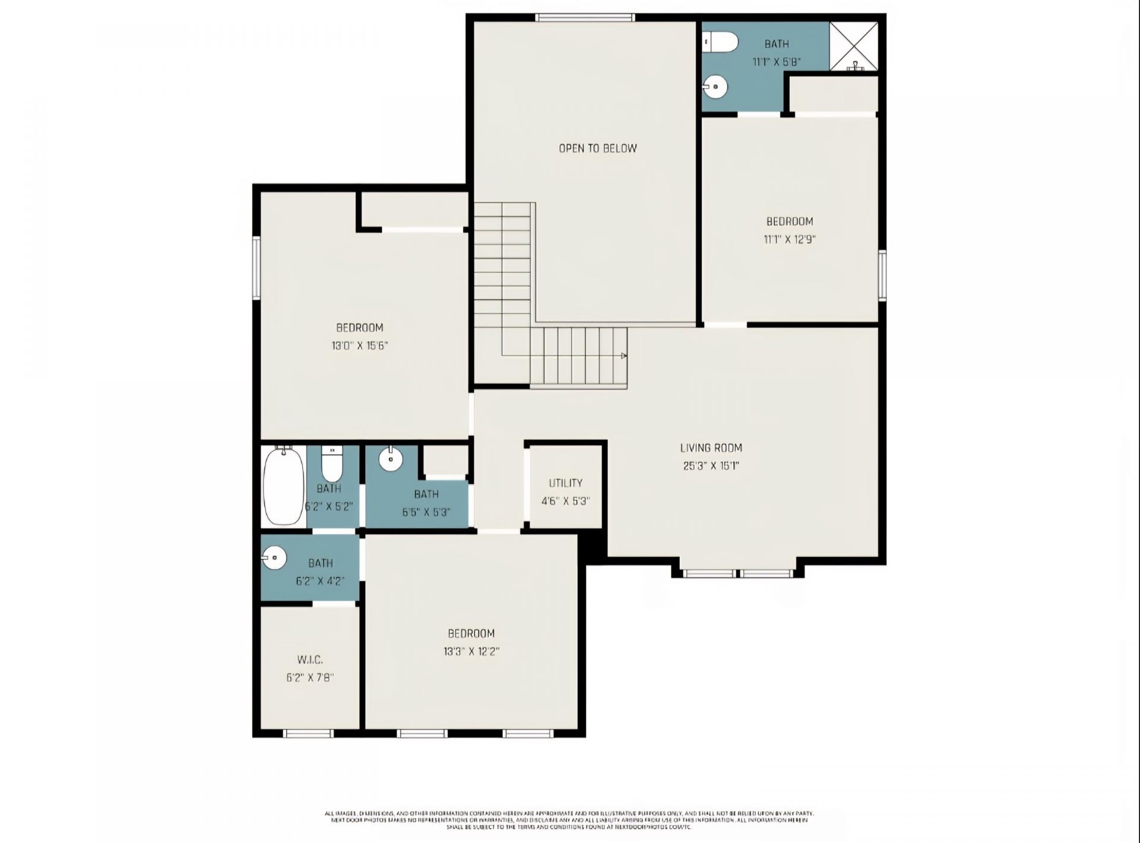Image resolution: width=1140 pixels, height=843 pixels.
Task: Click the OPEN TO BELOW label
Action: click(597, 148)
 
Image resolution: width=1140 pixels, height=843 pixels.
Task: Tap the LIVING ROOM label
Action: click(711, 448)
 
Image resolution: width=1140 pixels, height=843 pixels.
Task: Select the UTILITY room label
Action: click(565, 483)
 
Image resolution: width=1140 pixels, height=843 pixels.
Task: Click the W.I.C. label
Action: click(310, 660)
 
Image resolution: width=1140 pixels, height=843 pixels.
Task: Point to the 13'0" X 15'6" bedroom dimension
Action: click(359, 346)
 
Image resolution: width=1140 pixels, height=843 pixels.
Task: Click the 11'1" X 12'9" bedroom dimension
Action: click(788, 240)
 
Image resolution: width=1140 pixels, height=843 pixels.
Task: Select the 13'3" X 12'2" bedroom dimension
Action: click(471, 651)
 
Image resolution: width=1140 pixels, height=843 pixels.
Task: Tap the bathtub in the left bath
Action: click(283, 486)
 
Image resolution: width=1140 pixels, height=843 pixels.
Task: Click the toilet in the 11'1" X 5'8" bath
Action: click(721, 43)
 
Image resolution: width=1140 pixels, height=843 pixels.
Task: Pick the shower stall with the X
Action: click(853, 46)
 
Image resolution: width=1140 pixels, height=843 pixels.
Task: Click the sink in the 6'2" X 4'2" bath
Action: click(274, 558)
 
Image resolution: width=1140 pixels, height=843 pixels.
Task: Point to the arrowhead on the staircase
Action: click(623, 356)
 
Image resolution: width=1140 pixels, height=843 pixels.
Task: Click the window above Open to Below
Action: click(585, 18)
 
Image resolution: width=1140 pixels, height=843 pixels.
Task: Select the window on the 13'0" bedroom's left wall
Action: click(256, 267)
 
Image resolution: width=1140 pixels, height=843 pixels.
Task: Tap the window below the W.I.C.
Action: click(308, 734)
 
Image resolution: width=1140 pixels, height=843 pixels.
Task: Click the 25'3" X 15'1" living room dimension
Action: click(711, 467)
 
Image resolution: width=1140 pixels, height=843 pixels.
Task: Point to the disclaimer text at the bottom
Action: click(569, 820)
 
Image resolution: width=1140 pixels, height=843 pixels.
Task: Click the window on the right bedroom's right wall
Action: click(882, 274)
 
